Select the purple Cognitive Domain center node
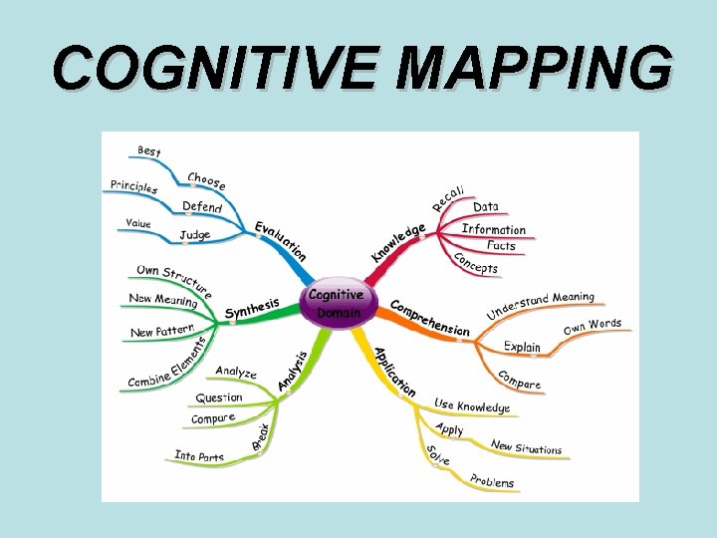coord(336,303)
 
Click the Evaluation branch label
coord(280,242)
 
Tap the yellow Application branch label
coord(394,371)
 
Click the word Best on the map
coord(148,150)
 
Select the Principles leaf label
coord(133,186)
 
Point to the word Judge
coord(194,236)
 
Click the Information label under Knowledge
coord(493,229)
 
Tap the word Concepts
coord(475,263)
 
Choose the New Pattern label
coord(161,330)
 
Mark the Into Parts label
coord(199,456)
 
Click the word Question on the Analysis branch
coord(218,398)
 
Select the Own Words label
coord(592,326)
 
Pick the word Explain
coord(522,347)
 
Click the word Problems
coord(492,482)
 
